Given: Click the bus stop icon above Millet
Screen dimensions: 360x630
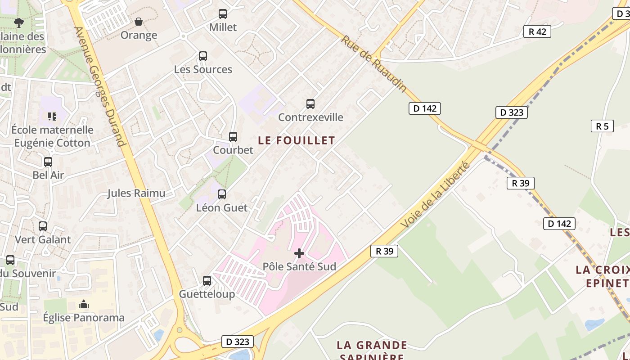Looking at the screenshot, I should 223,14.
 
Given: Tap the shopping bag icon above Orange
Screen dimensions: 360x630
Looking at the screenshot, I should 139,22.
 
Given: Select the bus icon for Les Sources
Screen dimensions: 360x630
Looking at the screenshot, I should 203,56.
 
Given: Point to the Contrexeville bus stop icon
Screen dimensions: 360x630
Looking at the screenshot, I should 310,104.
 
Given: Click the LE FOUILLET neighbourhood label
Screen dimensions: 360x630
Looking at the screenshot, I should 297,140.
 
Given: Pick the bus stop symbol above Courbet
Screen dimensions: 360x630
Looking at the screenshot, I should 233,136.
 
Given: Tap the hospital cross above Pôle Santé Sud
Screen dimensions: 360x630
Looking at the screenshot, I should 299,254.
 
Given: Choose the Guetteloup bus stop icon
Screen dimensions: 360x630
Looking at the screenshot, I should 207,281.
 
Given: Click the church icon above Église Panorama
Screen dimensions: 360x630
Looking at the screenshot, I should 83,305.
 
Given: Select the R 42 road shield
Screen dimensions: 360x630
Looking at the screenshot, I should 537,31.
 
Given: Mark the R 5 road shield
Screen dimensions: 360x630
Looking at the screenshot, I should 602,126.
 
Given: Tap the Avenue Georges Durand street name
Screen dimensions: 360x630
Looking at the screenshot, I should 100,86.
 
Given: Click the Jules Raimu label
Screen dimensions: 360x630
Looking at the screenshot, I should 136,193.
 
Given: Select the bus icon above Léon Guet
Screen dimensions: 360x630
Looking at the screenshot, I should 222,194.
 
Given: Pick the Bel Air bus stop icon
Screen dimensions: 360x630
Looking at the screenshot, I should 48,162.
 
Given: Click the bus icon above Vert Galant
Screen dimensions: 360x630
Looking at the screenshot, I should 43,226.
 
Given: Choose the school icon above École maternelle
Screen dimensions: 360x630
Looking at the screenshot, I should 52,117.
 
